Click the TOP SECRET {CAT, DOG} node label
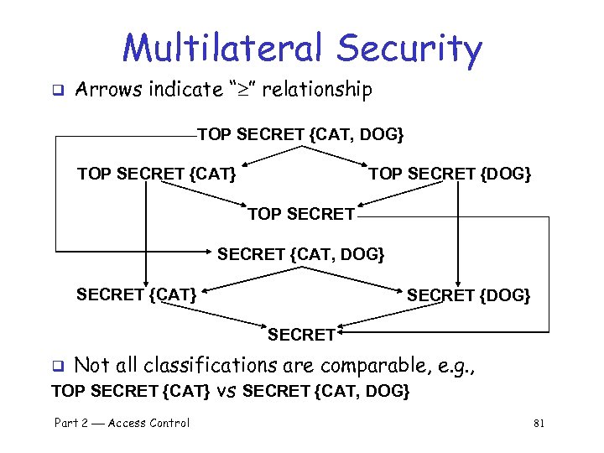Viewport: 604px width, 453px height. coord(300,134)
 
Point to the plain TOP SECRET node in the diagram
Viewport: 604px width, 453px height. coord(300,214)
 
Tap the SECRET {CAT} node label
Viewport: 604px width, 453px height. coord(137,294)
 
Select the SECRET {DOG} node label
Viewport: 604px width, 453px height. coord(468,294)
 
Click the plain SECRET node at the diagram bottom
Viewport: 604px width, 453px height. coord(301,334)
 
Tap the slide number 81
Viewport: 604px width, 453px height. coord(539,424)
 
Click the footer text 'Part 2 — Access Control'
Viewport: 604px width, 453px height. coord(122,424)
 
